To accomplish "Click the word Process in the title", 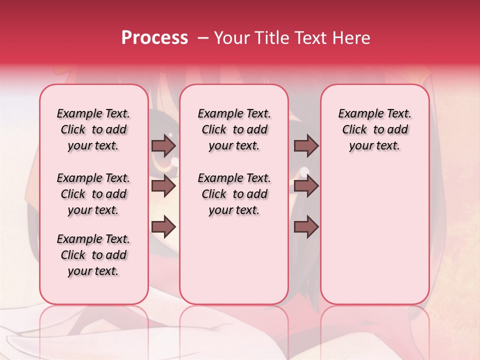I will (154, 38).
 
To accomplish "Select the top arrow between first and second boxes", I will (163, 145).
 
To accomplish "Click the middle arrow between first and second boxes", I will (163, 186).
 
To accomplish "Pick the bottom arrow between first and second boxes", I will (163, 226).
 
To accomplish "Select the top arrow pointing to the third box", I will (306, 145).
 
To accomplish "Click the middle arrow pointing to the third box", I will (306, 186).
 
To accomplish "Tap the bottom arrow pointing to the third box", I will (306, 226).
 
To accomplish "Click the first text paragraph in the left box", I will (93, 129).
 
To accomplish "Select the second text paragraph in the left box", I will (93, 194).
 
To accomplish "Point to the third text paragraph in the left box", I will (93, 255).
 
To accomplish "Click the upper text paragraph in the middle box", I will (234, 129).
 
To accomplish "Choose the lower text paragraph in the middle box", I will (234, 194).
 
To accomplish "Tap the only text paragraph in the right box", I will (375, 129).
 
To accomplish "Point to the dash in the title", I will (202, 38).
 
